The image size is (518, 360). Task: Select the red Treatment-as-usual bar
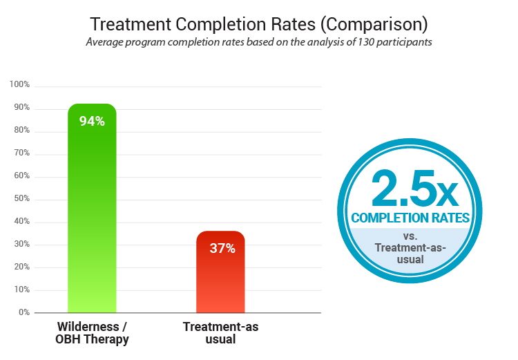click(x=220, y=276)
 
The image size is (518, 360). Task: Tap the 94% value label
click(x=92, y=121)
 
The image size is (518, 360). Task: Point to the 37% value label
click(x=222, y=248)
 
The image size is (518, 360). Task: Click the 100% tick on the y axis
click(x=19, y=84)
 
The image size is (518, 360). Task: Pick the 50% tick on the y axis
click(x=21, y=198)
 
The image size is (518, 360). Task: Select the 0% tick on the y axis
click(x=23, y=312)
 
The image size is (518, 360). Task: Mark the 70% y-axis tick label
click(x=21, y=153)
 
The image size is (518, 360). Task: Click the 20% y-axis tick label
click(x=21, y=267)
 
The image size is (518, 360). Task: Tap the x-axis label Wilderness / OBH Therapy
click(x=91, y=333)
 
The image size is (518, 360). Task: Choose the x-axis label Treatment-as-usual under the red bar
click(x=220, y=333)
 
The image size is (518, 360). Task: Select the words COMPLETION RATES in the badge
click(x=410, y=218)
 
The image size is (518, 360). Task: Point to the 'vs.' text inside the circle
click(x=410, y=235)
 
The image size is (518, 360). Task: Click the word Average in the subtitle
click(x=106, y=41)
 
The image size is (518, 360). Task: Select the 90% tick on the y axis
click(x=21, y=107)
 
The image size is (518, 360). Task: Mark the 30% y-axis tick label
click(x=21, y=244)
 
